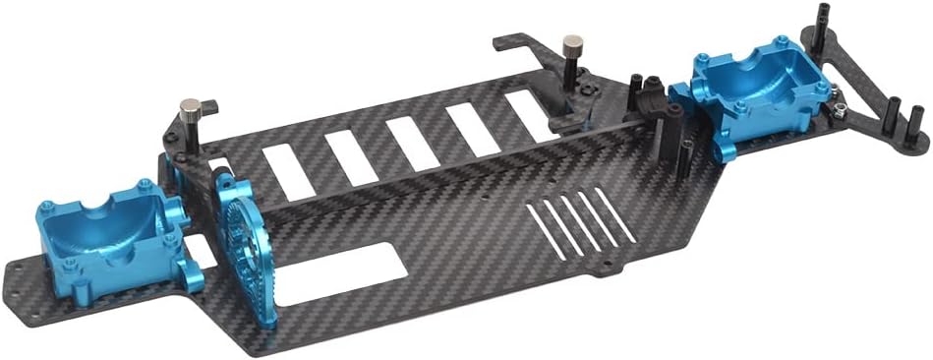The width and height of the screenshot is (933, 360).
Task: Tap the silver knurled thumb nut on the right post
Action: (570, 45)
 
